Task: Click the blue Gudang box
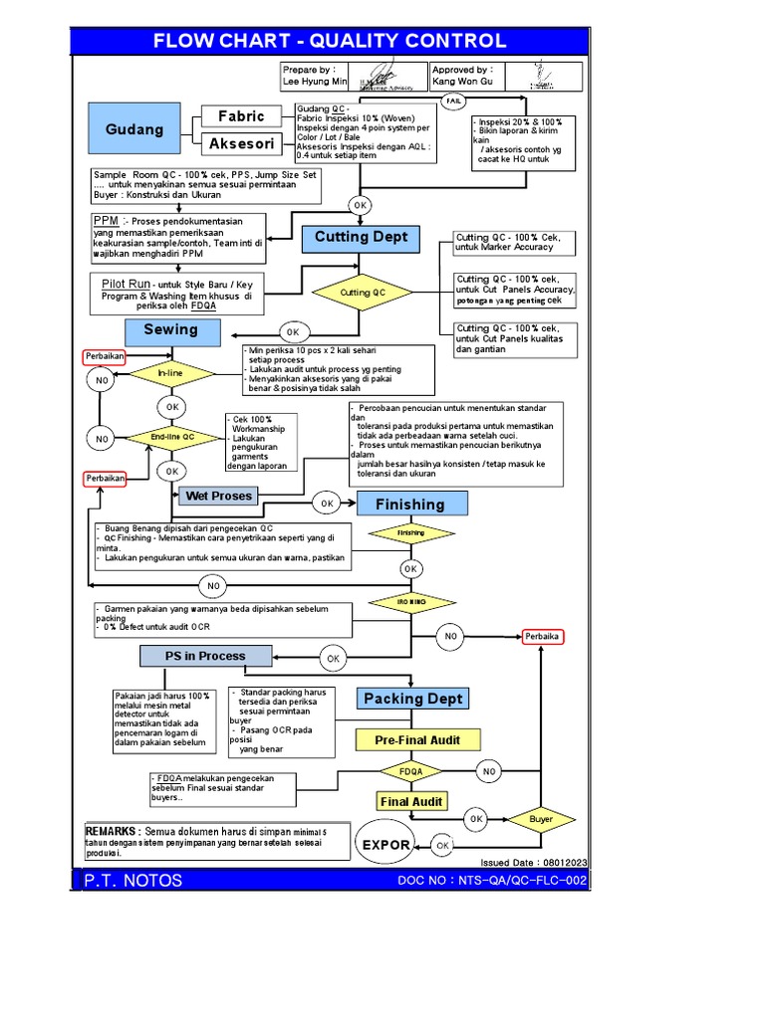click(x=134, y=130)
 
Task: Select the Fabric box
click(x=241, y=117)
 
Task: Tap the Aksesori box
click(x=241, y=145)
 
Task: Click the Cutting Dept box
click(x=361, y=238)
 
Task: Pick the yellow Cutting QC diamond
click(x=363, y=293)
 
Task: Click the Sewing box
click(x=170, y=330)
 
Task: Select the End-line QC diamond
click(x=171, y=437)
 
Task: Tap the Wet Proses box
click(x=218, y=496)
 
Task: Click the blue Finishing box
click(x=410, y=504)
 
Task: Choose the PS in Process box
click(x=205, y=656)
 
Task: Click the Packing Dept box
click(x=412, y=699)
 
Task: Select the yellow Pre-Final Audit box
click(x=412, y=740)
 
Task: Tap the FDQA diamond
click(x=411, y=771)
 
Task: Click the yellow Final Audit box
click(x=411, y=801)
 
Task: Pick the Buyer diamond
click(x=541, y=819)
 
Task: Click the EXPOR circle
click(x=386, y=845)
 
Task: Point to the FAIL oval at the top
click(x=454, y=101)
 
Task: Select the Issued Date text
click(x=533, y=862)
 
